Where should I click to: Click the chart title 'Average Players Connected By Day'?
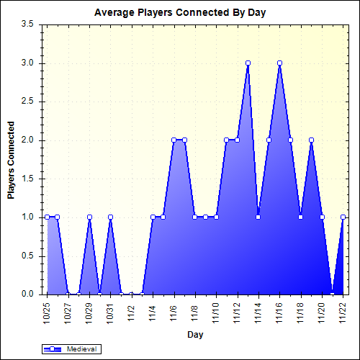click(180, 14)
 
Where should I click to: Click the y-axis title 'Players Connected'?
click(11, 159)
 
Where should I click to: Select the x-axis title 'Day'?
click(194, 334)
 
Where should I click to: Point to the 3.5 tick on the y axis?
click(28, 24)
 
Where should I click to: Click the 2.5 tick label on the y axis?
click(28, 102)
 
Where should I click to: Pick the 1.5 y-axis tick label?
click(28, 179)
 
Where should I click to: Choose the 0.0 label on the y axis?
click(28, 294)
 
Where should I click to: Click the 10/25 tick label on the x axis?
click(47, 312)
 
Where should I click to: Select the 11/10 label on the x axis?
click(216, 312)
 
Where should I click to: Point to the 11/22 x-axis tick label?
click(343, 312)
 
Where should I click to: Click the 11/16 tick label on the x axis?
click(279, 312)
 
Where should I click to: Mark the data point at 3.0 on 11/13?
click(248, 63)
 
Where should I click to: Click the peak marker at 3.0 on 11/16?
click(279, 63)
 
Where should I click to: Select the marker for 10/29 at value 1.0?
click(89, 217)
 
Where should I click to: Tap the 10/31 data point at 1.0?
click(110, 217)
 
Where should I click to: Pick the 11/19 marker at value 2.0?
click(311, 140)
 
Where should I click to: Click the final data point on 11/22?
click(343, 217)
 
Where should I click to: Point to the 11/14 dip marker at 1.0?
click(258, 217)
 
